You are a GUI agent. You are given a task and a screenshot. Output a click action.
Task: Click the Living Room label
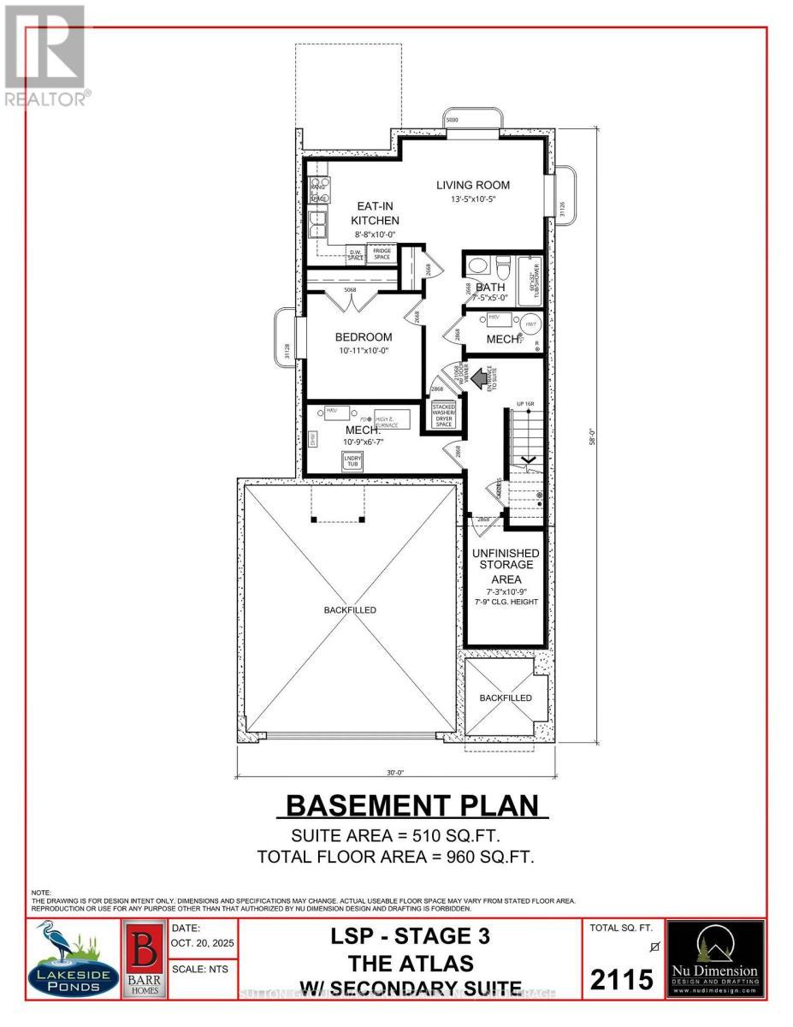(472, 185)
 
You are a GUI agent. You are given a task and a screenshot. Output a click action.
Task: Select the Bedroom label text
(364, 336)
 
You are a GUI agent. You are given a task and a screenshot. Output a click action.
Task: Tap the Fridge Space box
(382, 253)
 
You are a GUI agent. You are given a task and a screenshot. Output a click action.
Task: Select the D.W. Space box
(356, 254)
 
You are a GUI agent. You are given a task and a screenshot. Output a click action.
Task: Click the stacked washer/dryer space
(445, 416)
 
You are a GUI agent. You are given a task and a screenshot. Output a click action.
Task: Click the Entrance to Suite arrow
(476, 374)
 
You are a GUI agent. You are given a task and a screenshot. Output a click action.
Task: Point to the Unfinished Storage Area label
(504, 566)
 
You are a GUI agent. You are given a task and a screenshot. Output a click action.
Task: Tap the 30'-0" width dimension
(394, 772)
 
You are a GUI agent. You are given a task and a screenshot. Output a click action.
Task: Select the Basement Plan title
(412, 805)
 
